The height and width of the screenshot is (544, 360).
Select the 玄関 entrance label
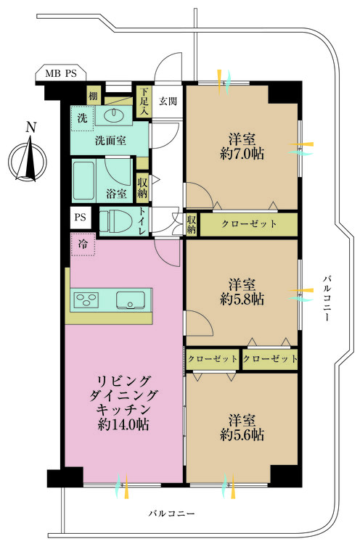(x=168, y=102)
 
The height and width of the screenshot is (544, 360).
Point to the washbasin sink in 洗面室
(x=115, y=115)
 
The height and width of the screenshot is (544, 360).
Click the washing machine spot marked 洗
(x=82, y=118)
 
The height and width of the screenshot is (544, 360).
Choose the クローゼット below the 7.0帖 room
(x=248, y=224)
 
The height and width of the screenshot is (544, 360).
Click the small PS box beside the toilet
(x=80, y=218)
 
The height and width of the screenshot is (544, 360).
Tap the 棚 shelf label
(x=94, y=96)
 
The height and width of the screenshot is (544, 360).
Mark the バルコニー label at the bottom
(x=171, y=513)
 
